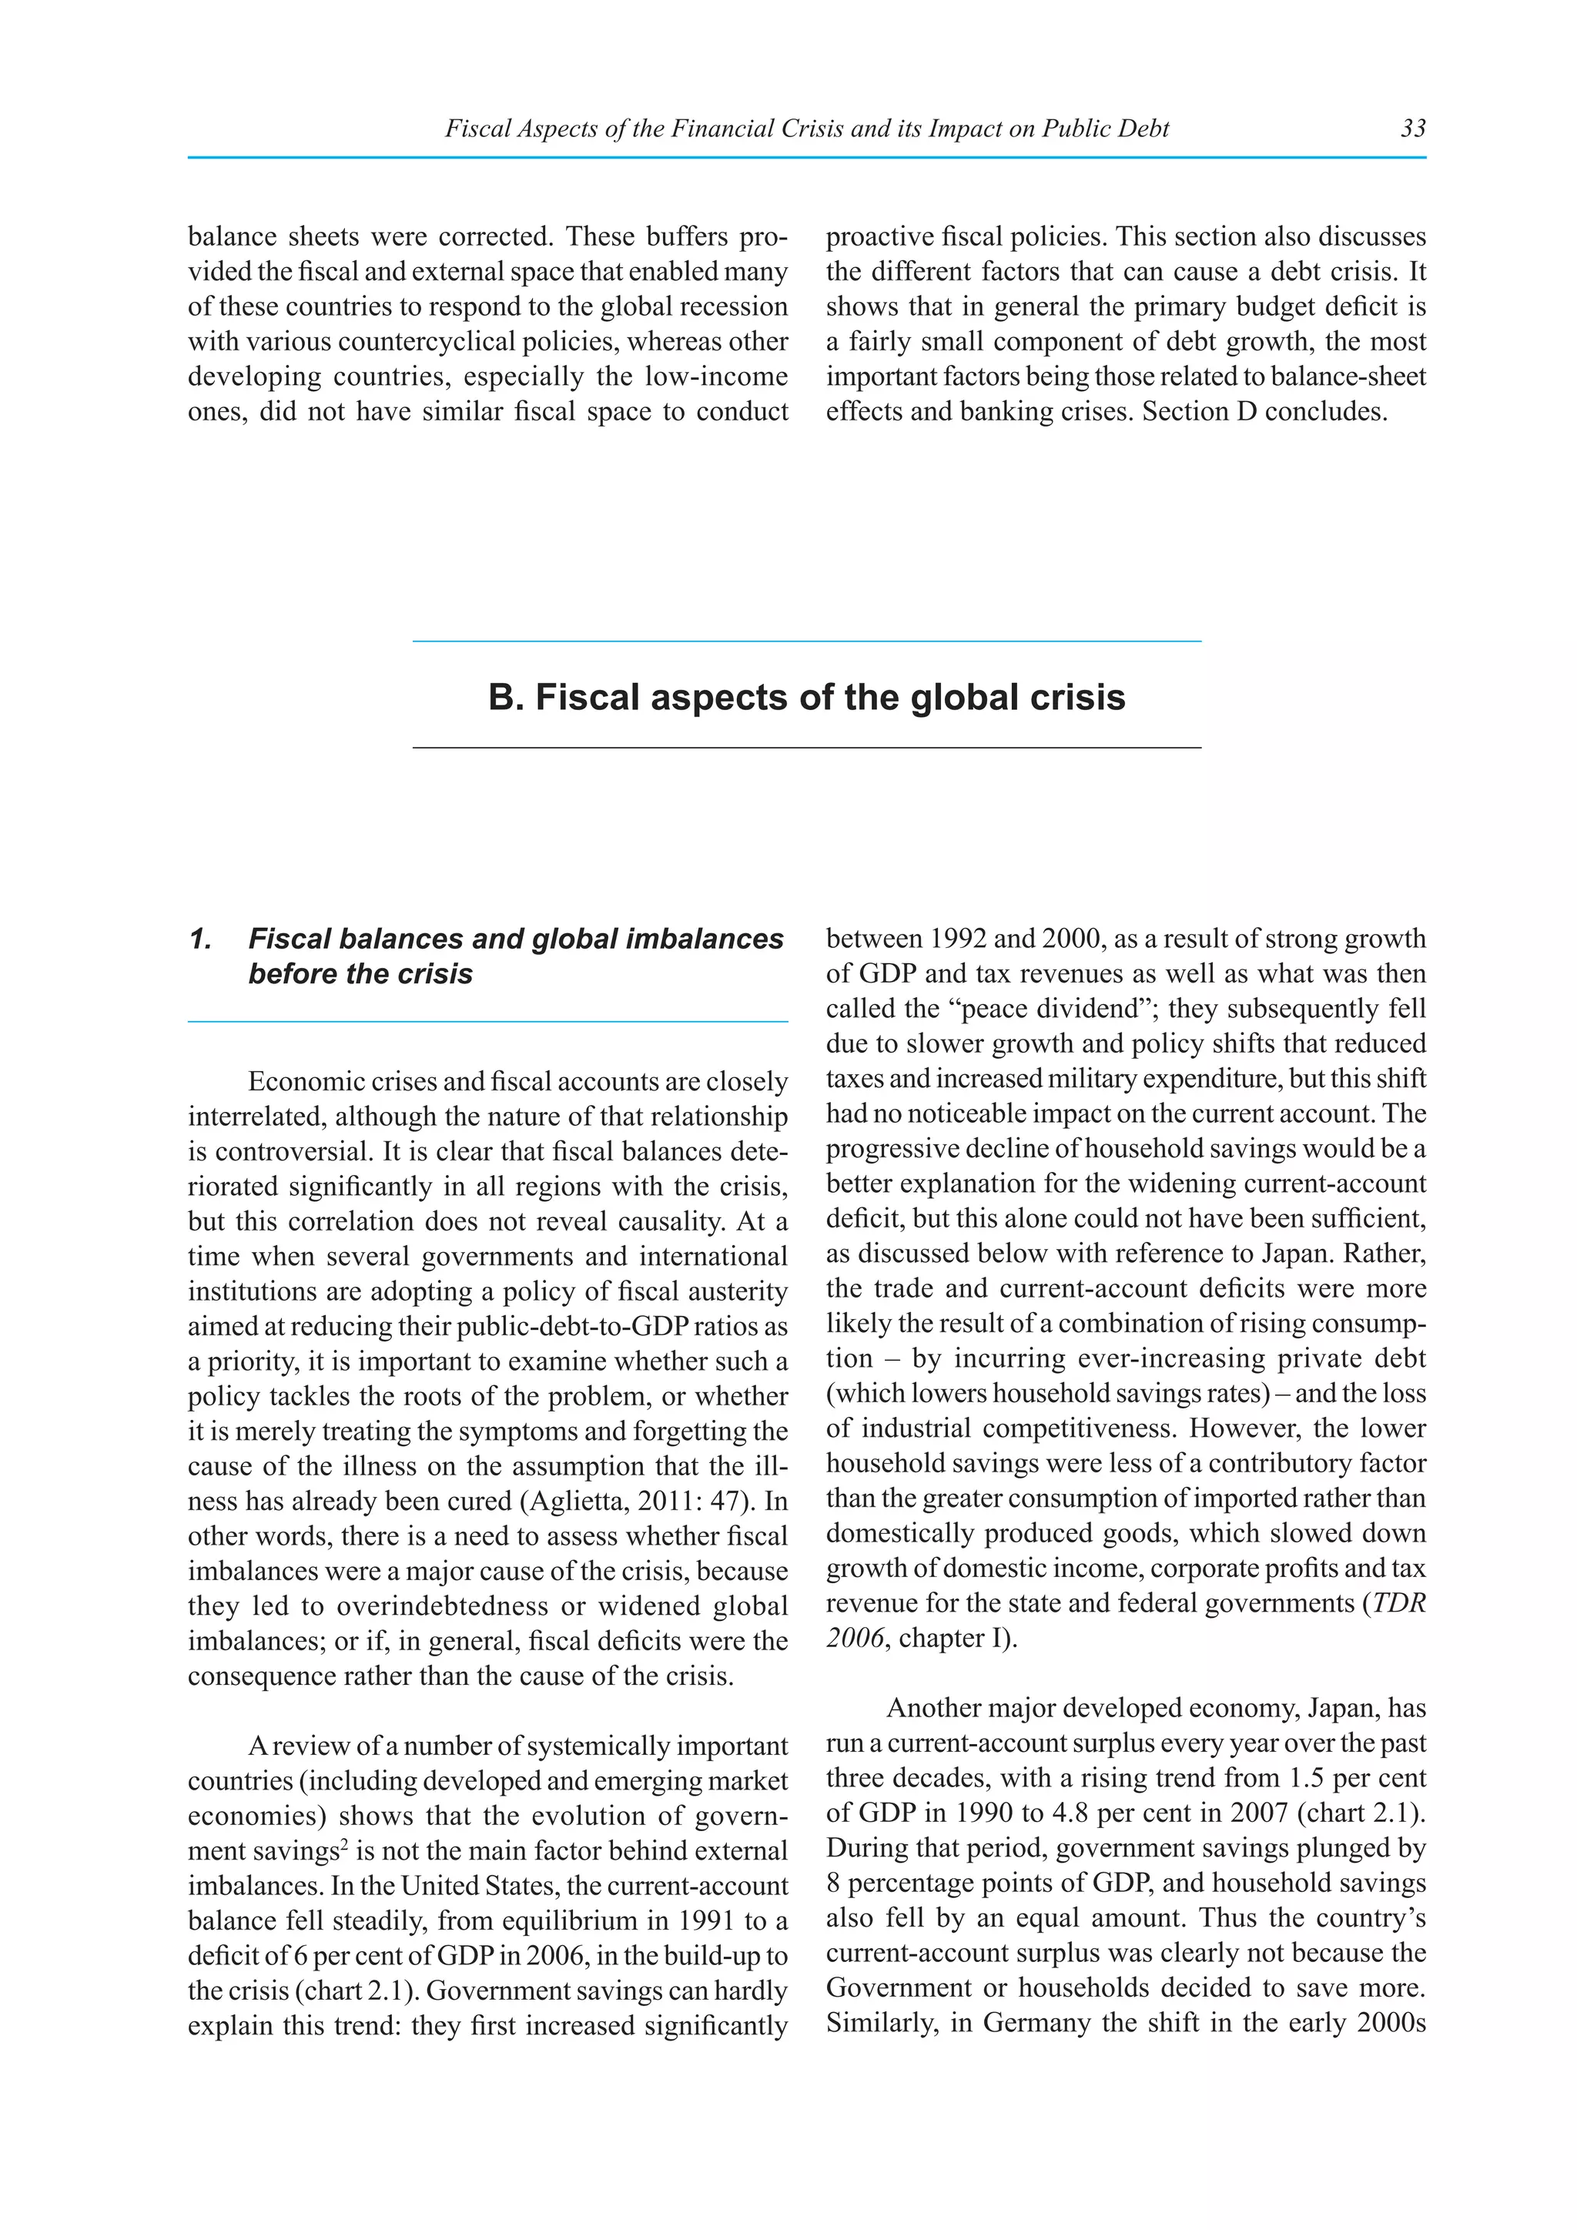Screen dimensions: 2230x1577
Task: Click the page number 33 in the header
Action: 1413,128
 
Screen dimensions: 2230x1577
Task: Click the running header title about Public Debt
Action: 806,128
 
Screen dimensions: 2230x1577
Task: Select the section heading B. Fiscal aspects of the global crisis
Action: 806,698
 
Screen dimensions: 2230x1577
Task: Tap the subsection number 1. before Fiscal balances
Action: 201,939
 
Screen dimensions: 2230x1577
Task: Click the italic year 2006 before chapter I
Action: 855,1639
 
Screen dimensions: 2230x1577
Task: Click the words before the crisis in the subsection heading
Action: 360,974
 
